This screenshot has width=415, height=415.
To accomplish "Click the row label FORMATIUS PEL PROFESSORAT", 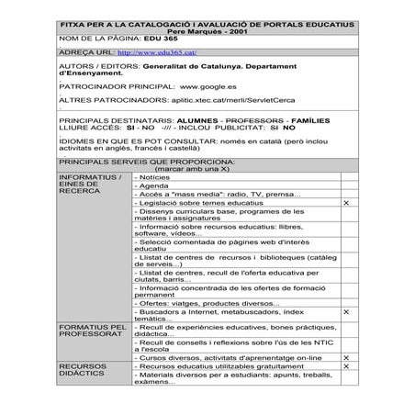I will coord(92,331).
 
